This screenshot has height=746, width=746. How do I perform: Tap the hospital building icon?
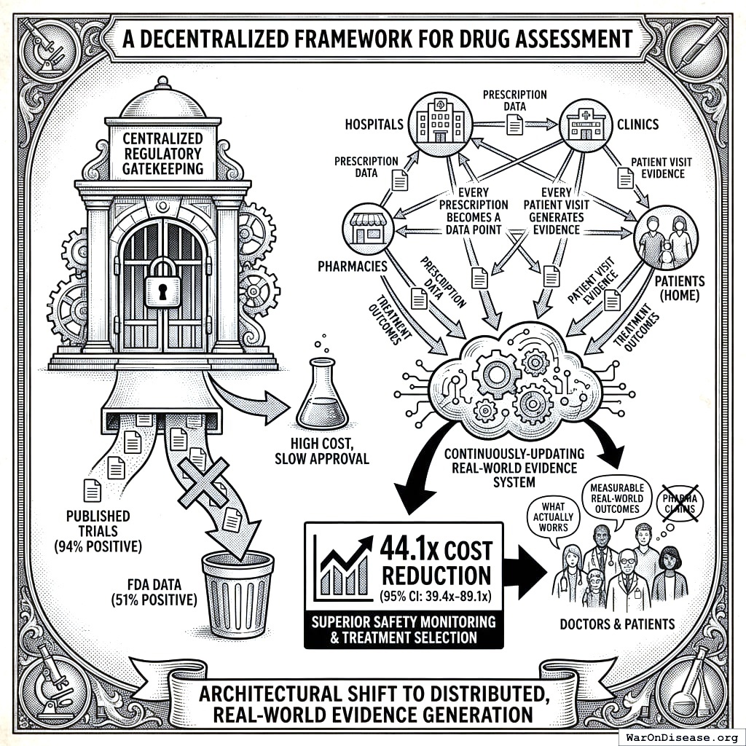pyautogui.click(x=439, y=122)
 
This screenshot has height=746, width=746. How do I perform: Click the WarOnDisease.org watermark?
pyautogui.click(x=680, y=735)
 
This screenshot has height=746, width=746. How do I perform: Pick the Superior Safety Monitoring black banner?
pyautogui.click(x=403, y=629)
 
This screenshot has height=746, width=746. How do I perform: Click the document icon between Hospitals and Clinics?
pyautogui.click(x=515, y=125)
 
